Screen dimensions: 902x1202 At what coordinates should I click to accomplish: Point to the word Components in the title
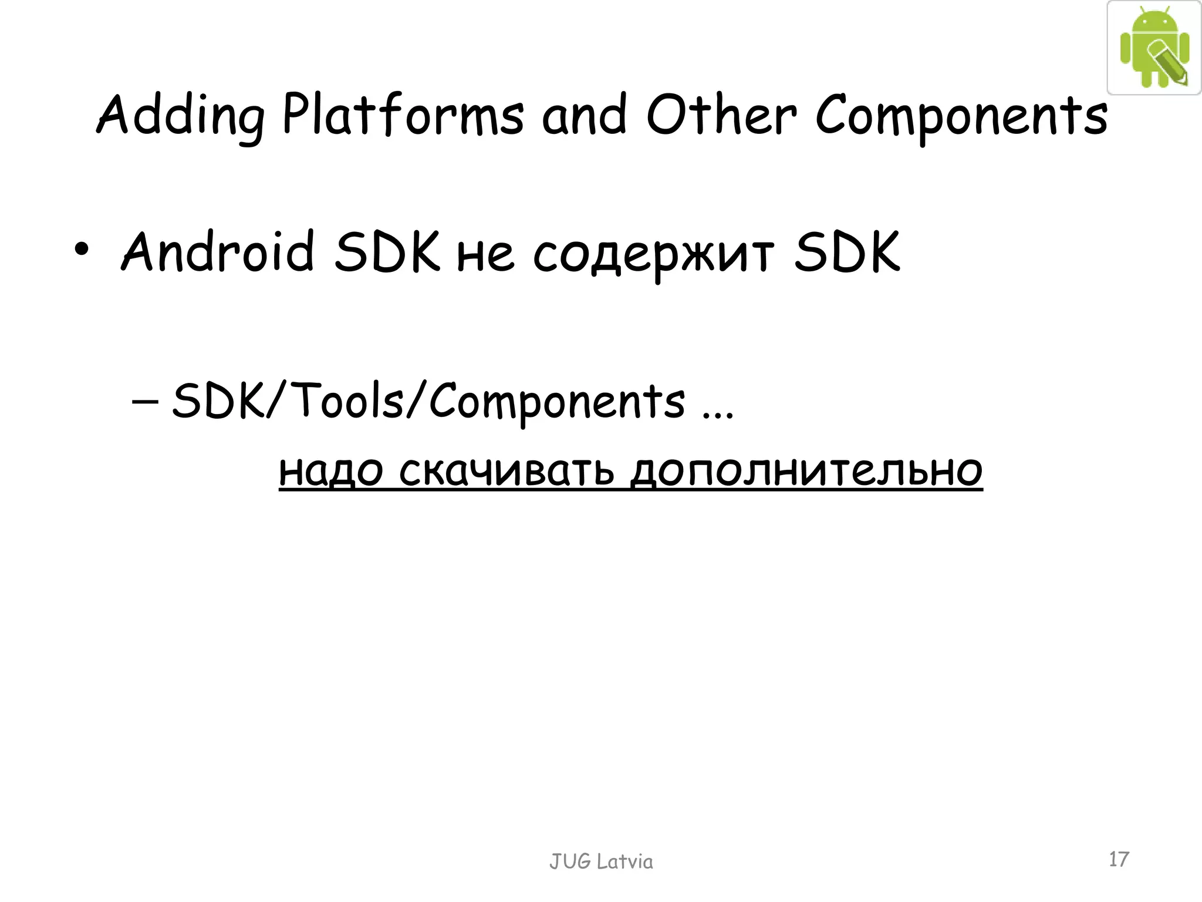[x=961, y=116]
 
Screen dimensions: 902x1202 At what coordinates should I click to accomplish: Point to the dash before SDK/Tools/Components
[x=145, y=402]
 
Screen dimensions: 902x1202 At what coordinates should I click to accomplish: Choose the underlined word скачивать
[x=507, y=471]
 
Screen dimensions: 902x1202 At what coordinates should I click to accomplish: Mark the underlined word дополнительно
[x=806, y=471]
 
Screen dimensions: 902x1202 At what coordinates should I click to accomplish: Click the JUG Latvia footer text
[x=601, y=861]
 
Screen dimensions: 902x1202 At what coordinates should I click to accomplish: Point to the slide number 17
[x=1119, y=859]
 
